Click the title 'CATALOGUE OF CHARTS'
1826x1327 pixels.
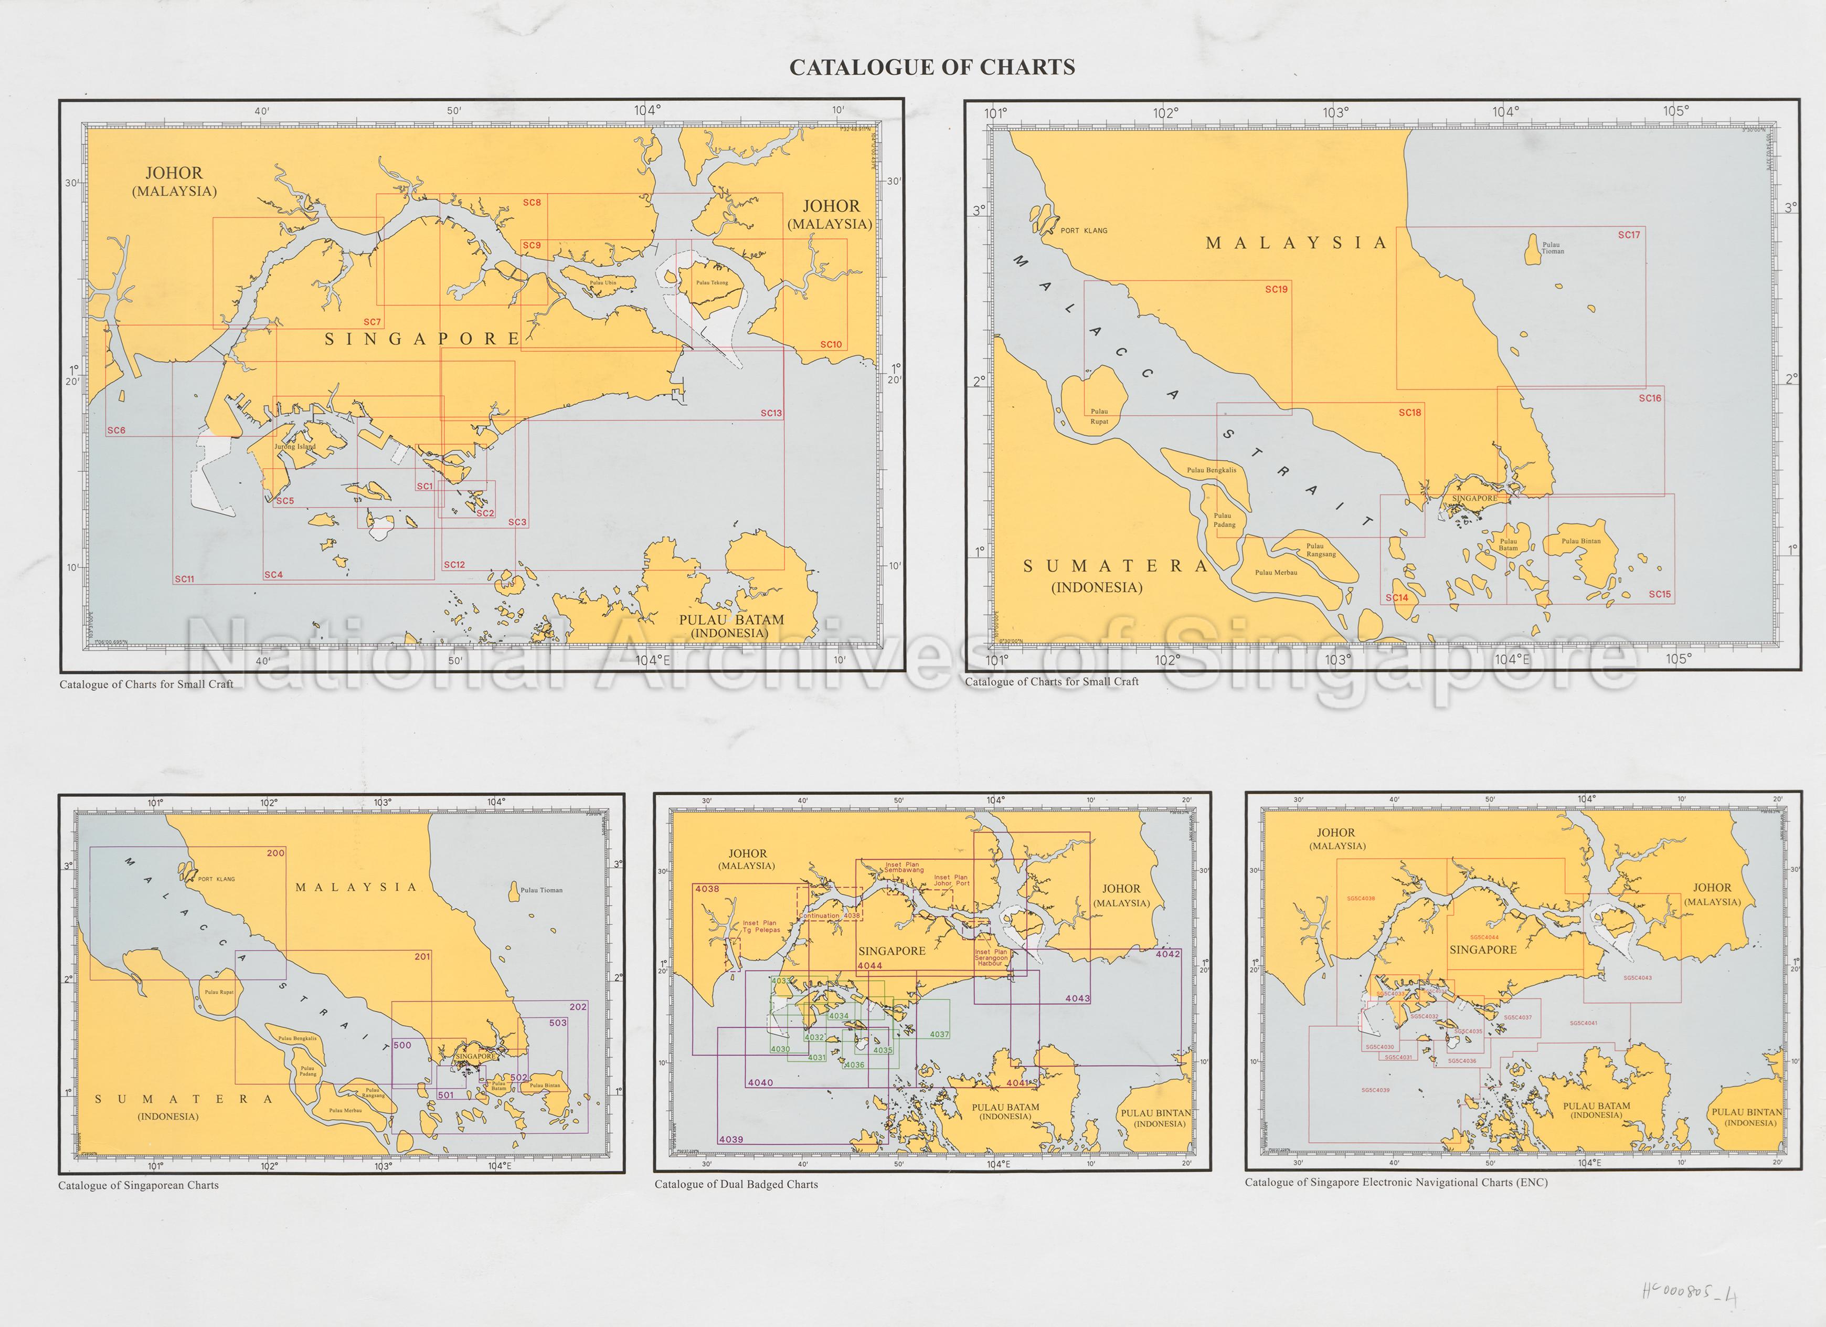click(931, 68)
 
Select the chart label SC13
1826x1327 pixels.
click(770, 414)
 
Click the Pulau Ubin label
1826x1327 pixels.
click(602, 282)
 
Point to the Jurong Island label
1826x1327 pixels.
click(295, 446)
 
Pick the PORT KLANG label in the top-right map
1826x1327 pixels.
click(1083, 231)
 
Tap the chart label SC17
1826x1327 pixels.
click(1629, 235)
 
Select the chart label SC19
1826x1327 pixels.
click(1276, 289)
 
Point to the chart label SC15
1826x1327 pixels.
click(1659, 594)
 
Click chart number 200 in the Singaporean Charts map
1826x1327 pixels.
click(275, 852)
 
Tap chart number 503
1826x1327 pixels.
click(558, 1023)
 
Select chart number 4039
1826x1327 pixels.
click(731, 1140)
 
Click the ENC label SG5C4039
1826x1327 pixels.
click(1375, 1090)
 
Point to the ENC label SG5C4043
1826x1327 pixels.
click(1638, 977)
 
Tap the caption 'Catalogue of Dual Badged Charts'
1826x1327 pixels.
click(736, 1184)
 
